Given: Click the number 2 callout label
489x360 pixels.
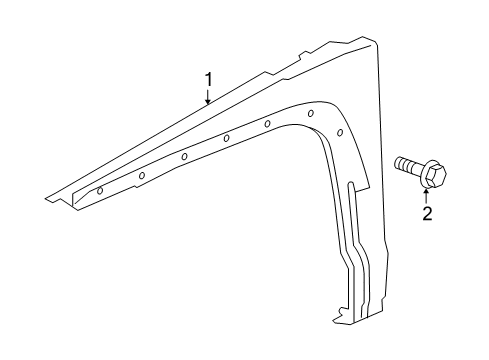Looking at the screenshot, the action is pos(426,213).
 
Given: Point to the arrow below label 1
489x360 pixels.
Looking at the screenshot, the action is pos(208,96).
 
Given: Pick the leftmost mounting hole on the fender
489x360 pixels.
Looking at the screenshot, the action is pos(100,189).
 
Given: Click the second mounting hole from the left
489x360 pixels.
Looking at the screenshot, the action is pos(141,176).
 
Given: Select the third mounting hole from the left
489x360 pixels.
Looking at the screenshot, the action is pos(185,157).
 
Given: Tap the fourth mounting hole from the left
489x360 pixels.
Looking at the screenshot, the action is pos(227,139).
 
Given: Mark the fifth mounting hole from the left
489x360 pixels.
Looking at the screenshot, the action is pos(269,123).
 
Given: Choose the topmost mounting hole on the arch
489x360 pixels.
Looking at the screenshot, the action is pos(310,113).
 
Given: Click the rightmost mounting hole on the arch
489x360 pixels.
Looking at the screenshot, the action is pos(340,132).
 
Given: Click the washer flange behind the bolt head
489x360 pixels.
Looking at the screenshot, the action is pos(421,173).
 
